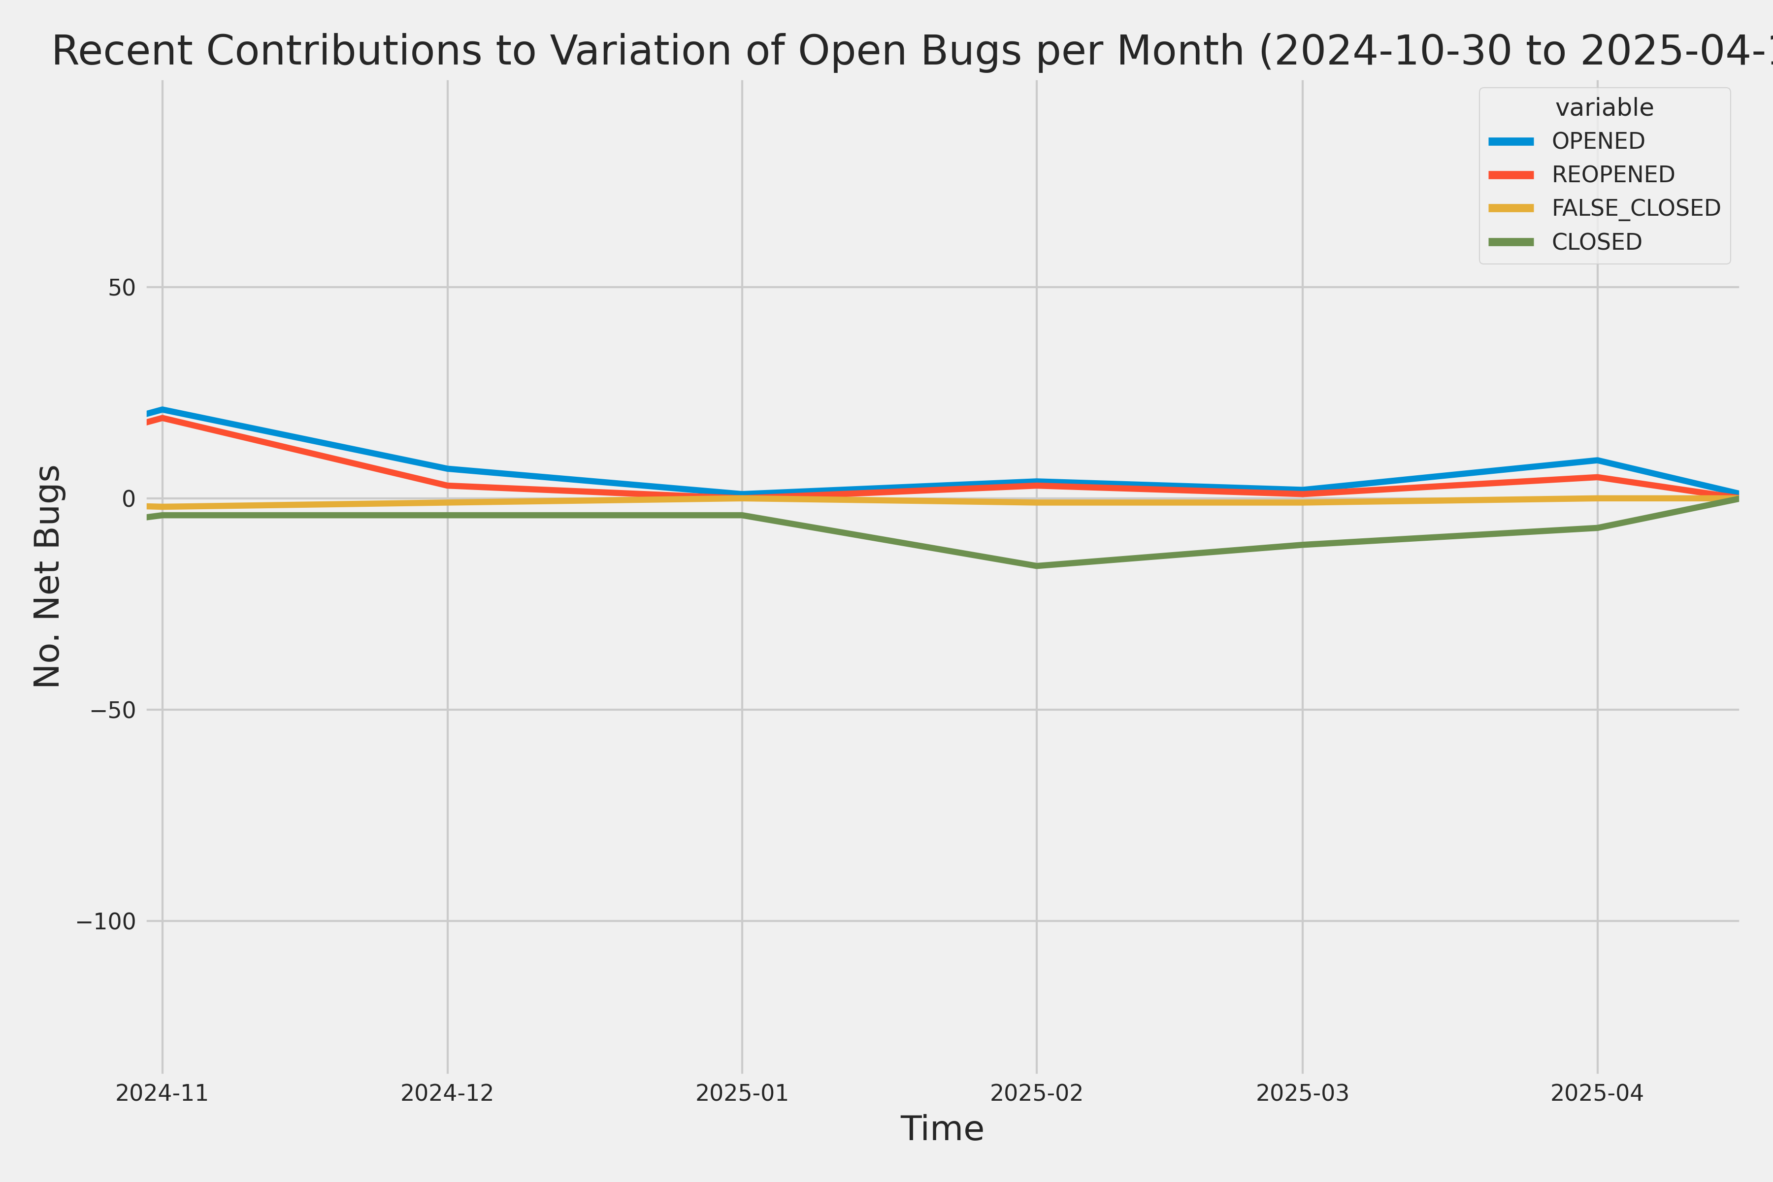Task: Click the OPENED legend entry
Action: click(x=1597, y=141)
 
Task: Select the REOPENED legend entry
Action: click(x=1612, y=174)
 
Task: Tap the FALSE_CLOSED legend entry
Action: click(x=1636, y=208)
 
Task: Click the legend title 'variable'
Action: click(x=1604, y=108)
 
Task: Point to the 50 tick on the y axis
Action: click(x=121, y=287)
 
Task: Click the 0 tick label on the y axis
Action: click(x=128, y=498)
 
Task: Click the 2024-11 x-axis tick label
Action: click(x=162, y=1093)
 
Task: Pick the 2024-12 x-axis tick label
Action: click(x=447, y=1093)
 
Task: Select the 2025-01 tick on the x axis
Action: click(x=742, y=1093)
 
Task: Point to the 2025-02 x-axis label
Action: click(x=1037, y=1093)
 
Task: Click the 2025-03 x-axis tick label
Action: click(x=1303, y=1093)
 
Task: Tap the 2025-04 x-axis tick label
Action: click(x=1597, y=1093)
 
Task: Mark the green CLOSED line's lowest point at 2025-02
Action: click(x=1037, y=565)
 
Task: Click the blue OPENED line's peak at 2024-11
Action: click(x=162, y=409)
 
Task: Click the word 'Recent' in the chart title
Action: click(x=121, y=51)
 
